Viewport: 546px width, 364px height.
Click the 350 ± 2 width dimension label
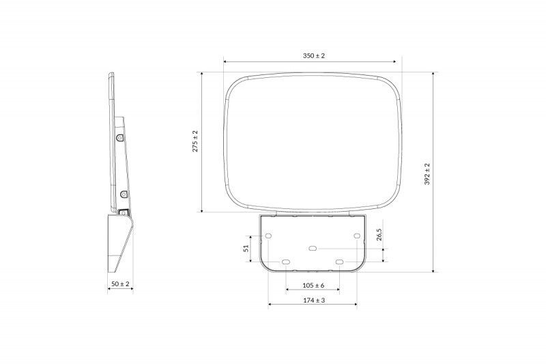click(313, 55)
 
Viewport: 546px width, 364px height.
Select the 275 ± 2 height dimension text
click(195, 141)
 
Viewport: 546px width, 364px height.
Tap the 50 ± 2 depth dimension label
click(120, 283)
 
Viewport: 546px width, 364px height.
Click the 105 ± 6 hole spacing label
click(313, 285)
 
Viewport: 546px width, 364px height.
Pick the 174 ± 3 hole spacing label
click(313, 300)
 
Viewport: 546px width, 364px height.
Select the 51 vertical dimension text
click(246, 249)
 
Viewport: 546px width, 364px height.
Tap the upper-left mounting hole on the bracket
click(268, 236)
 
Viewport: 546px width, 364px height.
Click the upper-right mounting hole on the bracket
click(357, 236)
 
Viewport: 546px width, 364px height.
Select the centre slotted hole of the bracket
click(313, 249)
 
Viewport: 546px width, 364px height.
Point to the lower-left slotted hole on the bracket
click(286, 262)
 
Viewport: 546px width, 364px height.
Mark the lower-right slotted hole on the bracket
click(339, 262)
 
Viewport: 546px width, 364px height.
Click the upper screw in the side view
click(120, 137)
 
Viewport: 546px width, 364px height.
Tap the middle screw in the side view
click(124, 195)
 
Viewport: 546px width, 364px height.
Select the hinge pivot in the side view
click(124, 212)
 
